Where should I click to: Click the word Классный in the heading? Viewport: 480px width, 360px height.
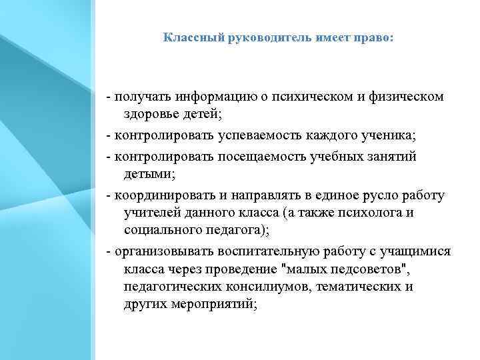point(185,38)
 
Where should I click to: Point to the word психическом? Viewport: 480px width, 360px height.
point(313,97)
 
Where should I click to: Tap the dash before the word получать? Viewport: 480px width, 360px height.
point(108,97)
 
